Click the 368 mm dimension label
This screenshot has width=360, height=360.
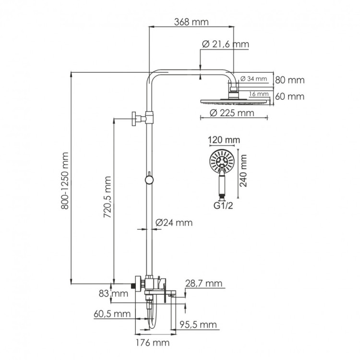(x=192, y=23)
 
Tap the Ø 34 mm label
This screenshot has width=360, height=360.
(x=253, y=78)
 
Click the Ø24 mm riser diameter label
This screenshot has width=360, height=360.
(x=174, y=223)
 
